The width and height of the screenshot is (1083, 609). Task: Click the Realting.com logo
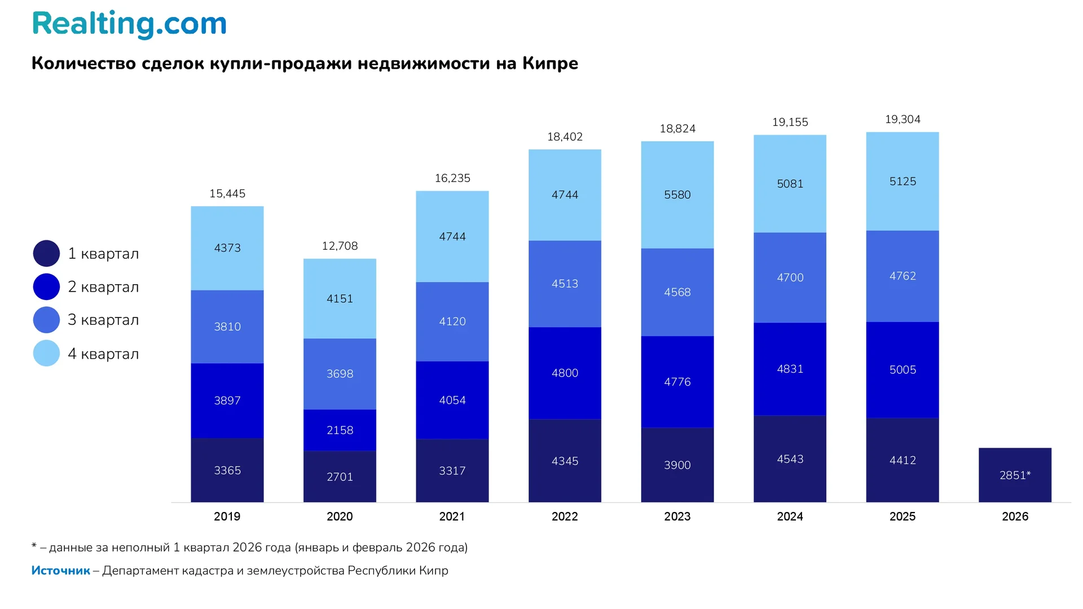(129, 24)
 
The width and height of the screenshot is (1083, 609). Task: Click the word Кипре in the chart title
(550, 63)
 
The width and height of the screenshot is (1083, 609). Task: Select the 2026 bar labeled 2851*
(1015, 475)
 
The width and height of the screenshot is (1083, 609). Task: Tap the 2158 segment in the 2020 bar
(340, 430)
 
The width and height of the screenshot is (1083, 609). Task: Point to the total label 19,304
(902, 120)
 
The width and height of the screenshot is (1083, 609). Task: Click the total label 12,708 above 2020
(340, 246)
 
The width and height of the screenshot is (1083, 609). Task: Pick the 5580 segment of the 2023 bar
(677, 195)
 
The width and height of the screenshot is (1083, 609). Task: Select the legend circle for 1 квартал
(46, 254)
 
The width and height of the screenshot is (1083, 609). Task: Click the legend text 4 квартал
(103, 354)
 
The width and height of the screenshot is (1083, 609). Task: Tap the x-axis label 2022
(565, 517)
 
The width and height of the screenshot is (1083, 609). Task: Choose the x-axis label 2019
(227, 517)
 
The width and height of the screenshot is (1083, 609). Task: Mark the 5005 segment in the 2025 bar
(902, 370)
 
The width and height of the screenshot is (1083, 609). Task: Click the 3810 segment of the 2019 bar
(227, 326)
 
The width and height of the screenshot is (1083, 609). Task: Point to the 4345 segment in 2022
(565, 461)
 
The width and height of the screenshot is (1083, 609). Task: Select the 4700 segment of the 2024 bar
(790, 277)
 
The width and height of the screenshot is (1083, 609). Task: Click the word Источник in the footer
(60, 571)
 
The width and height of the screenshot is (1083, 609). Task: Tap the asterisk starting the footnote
(34, 546)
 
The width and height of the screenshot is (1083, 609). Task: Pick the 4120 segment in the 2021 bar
(452, 321)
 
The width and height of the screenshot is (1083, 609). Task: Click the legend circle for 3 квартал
(46, 320)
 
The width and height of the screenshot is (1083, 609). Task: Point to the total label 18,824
(677, 129)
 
